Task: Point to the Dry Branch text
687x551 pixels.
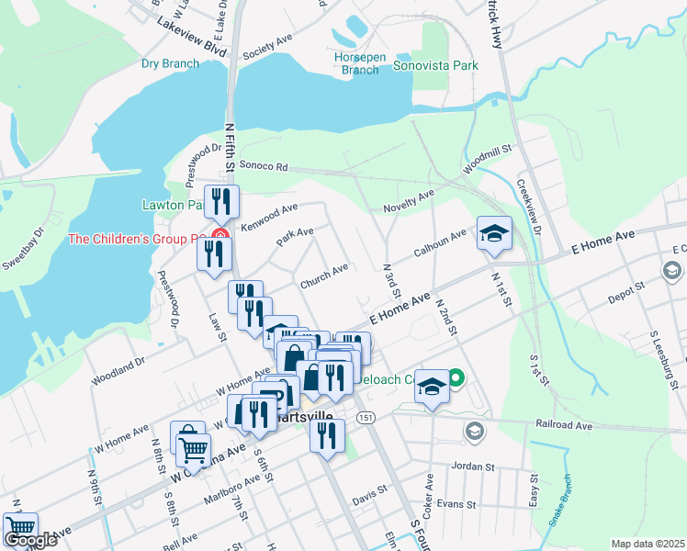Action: point(169,63)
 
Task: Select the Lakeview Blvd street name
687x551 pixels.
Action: point(191,35)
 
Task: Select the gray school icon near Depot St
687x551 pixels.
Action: point(671,271)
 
